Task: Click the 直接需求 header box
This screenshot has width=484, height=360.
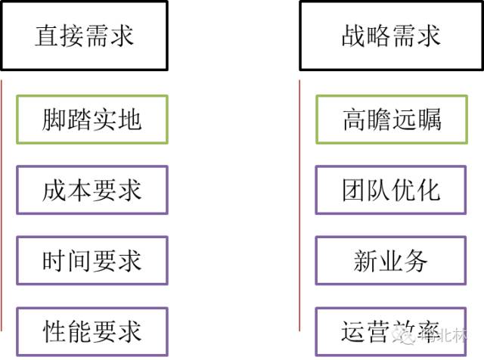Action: click(84, 36)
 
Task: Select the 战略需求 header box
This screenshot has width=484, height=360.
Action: click(391, 36)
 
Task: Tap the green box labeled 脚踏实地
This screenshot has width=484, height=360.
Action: click(92, 119)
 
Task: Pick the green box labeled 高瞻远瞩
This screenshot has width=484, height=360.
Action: click(391, 119)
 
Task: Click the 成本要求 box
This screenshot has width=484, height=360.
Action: click(92, 190)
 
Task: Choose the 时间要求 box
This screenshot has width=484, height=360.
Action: click(92, 261)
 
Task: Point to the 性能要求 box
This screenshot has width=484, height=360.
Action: click(92, 331)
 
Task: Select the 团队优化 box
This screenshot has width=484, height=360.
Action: click(391, 190)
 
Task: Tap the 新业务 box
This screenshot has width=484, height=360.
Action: click(391, 261)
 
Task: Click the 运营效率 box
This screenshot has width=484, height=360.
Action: click(391, 331)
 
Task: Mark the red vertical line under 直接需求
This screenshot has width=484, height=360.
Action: click(2, 204)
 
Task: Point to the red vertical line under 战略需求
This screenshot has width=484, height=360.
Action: click(300, 204)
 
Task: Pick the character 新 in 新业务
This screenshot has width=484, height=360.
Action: click(366, 262)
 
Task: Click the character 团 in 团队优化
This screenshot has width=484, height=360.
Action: click(353, 191)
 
